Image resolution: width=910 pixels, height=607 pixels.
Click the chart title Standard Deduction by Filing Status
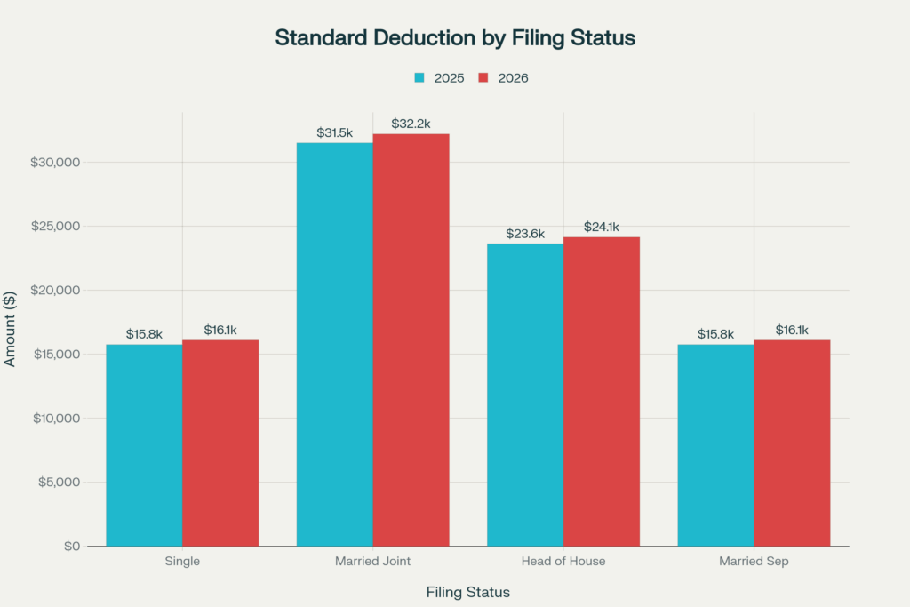(455, 38)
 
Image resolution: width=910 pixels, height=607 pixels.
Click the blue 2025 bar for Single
(144, 444)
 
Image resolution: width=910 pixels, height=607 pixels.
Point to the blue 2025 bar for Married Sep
(715, 444)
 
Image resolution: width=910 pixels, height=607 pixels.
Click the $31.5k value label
(335, 132)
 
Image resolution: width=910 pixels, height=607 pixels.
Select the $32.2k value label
(411, 124)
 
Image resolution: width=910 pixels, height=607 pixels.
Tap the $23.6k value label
(525, 234)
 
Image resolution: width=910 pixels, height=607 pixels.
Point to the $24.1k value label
(602, 227)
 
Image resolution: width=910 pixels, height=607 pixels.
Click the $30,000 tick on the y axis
(56, 163)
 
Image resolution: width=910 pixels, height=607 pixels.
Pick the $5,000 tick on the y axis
(60, 483)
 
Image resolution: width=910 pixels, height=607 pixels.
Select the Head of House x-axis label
(563, 562)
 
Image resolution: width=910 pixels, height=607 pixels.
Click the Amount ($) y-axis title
(12, 329)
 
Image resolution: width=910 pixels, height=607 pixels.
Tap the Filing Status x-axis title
(468, 592)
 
